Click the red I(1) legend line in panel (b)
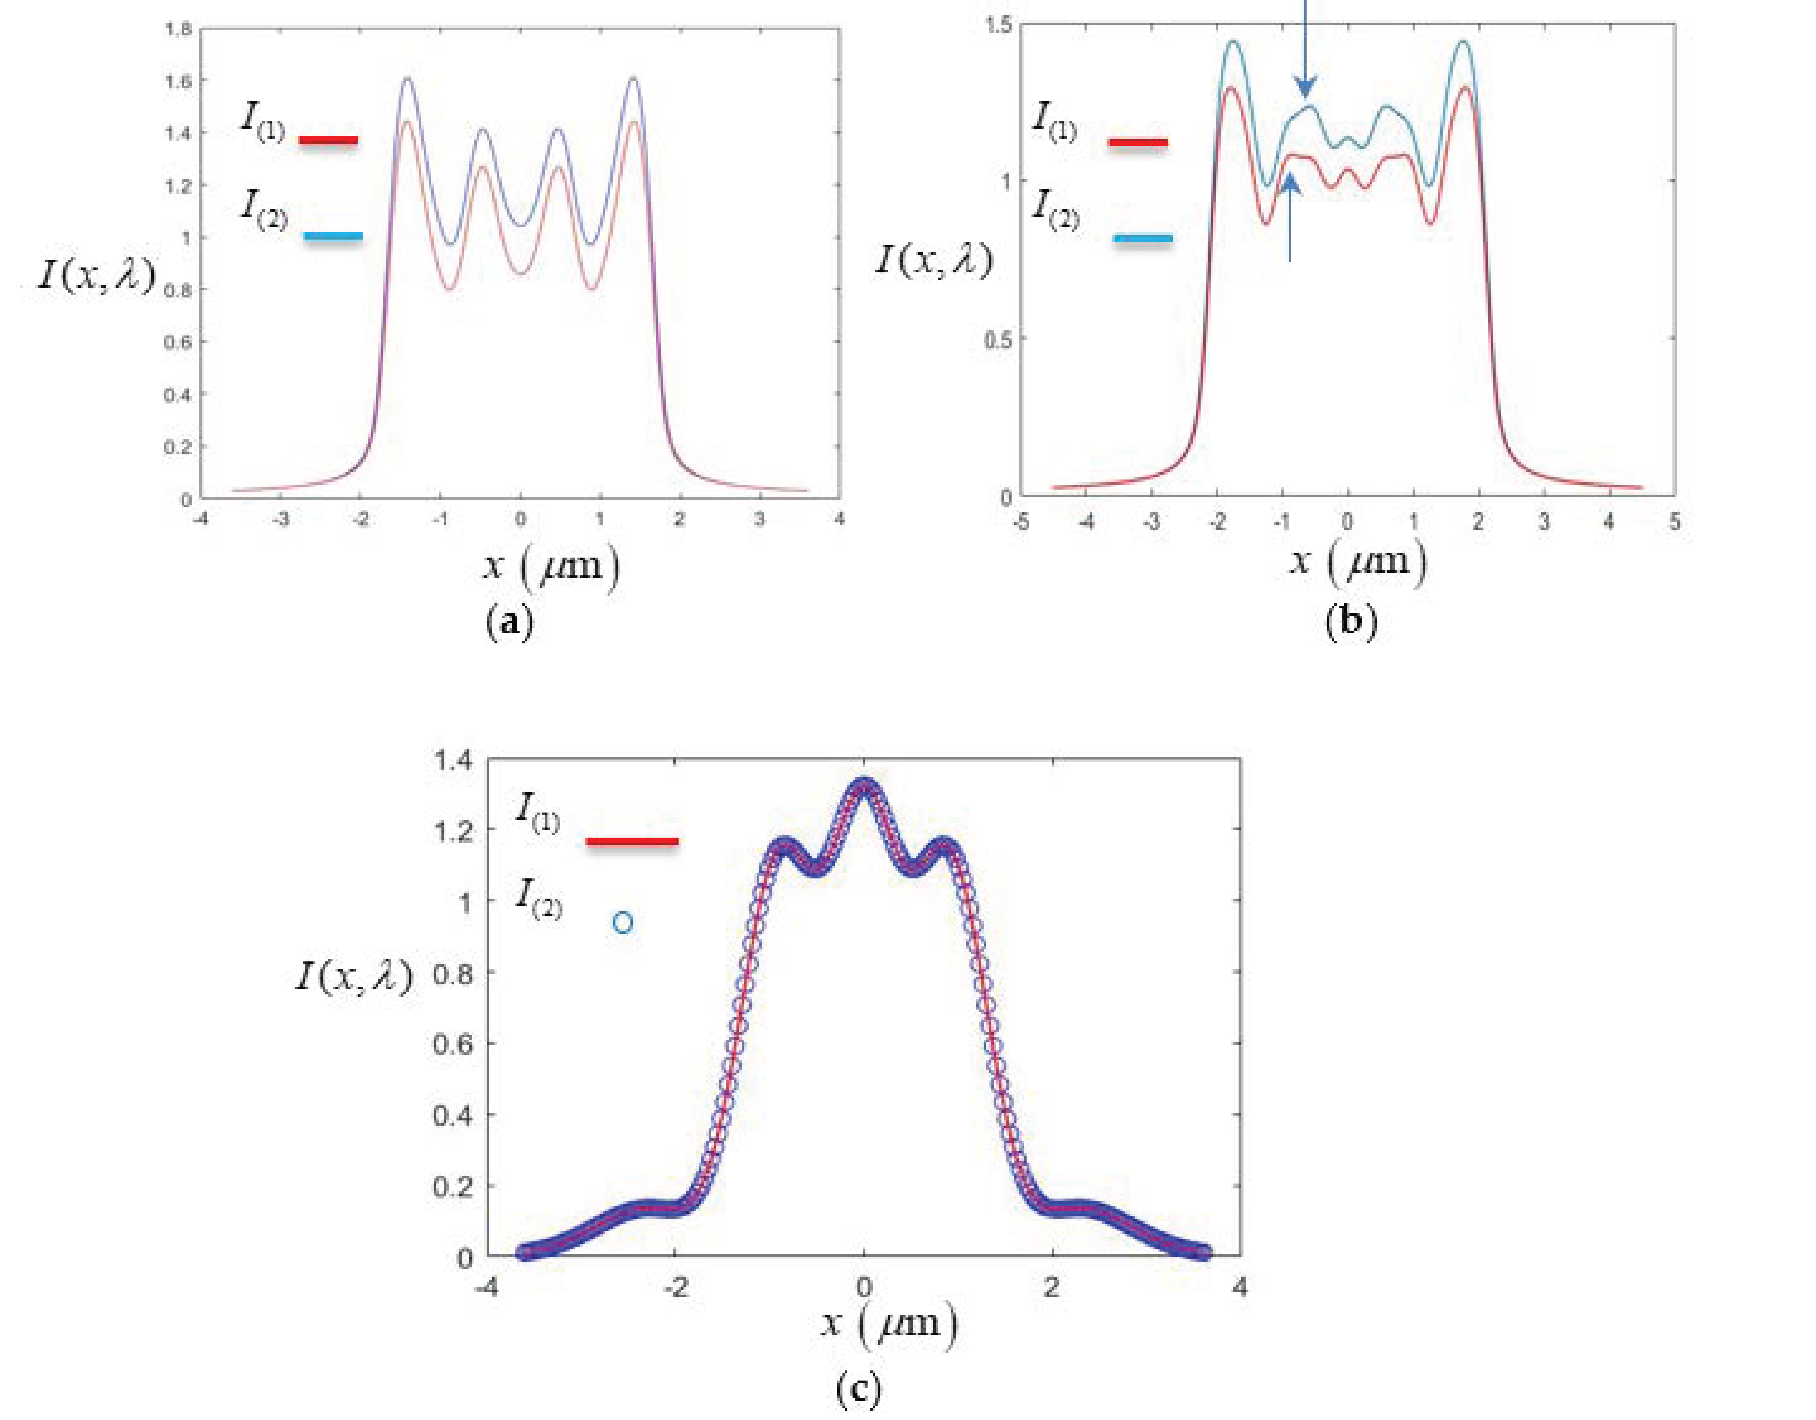click(1137, 143)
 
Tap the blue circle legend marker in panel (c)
click(623, 923)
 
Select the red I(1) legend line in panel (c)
click(632, 841)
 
